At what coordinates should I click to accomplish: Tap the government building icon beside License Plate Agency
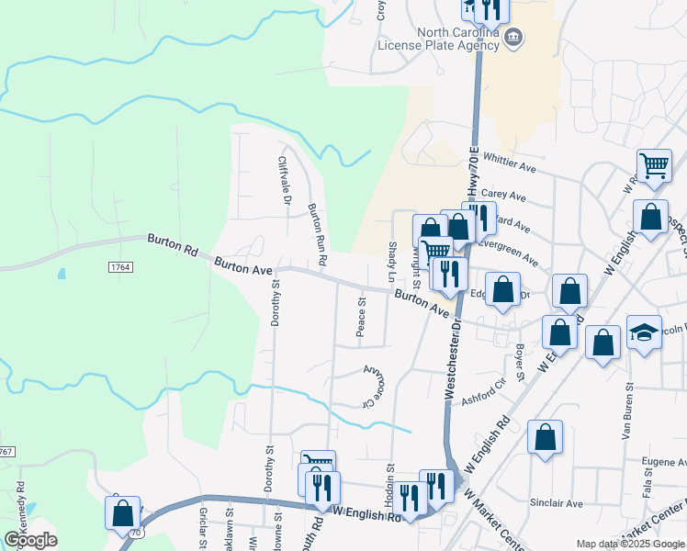[x=513, y=38]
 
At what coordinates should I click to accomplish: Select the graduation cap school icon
[x=644, y=333]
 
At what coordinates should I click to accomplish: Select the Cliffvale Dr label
[x=285, y=179]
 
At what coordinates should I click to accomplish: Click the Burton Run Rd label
[x=317, y=234]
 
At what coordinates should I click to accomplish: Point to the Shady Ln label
[x=392, y=262]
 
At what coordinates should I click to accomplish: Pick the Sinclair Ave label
[x=557, y=503]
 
